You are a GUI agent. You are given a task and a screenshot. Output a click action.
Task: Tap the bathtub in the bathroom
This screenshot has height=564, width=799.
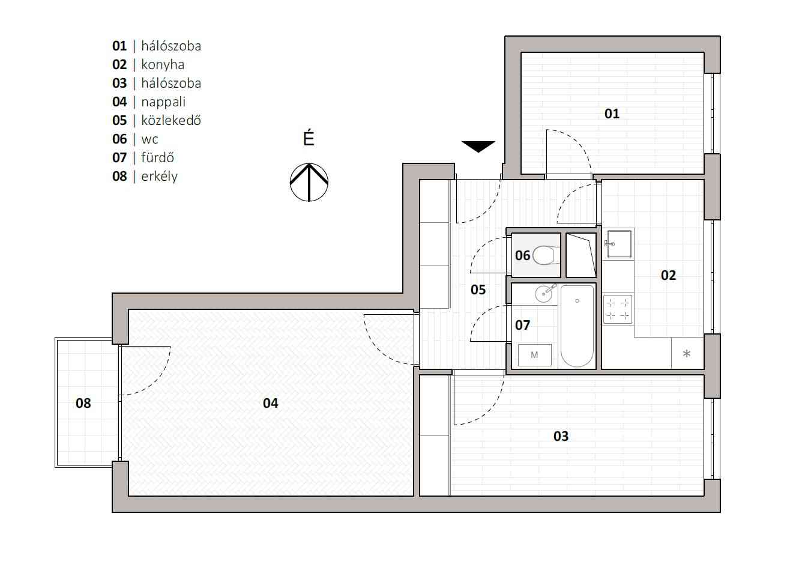577,326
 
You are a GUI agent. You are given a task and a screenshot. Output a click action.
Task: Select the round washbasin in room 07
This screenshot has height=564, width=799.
544,294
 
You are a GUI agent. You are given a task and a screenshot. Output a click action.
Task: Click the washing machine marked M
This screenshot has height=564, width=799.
535,355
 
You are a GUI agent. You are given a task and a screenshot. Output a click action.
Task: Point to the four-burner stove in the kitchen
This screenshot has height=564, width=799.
618,309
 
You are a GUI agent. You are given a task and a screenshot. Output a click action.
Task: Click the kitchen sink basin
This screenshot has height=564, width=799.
620,244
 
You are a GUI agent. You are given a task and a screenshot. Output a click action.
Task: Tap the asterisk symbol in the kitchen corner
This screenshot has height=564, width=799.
687,354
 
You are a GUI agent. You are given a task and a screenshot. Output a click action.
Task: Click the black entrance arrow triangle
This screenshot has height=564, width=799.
478,147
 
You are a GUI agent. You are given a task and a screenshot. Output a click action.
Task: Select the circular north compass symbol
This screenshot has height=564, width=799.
309,182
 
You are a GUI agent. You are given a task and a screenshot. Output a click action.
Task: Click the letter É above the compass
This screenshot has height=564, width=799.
309,138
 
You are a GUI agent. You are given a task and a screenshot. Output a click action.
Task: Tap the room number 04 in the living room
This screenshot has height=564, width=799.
270,403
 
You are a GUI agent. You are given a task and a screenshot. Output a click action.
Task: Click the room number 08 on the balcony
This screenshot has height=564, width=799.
83,403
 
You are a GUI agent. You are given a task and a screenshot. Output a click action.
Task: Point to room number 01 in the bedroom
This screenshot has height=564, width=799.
612,114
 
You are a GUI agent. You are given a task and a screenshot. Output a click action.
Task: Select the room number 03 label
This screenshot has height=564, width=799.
561,436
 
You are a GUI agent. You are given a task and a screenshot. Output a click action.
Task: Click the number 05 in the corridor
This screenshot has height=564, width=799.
478,290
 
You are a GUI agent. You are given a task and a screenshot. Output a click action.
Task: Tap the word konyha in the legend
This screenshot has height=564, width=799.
163,65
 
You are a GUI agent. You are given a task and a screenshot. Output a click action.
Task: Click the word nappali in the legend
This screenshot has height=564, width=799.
163,102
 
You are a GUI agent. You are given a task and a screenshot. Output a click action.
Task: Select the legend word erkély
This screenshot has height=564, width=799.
160,177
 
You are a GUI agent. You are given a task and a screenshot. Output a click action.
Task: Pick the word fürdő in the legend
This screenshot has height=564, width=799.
158,157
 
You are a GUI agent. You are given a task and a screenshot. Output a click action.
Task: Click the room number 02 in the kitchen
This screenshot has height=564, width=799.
669,275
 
